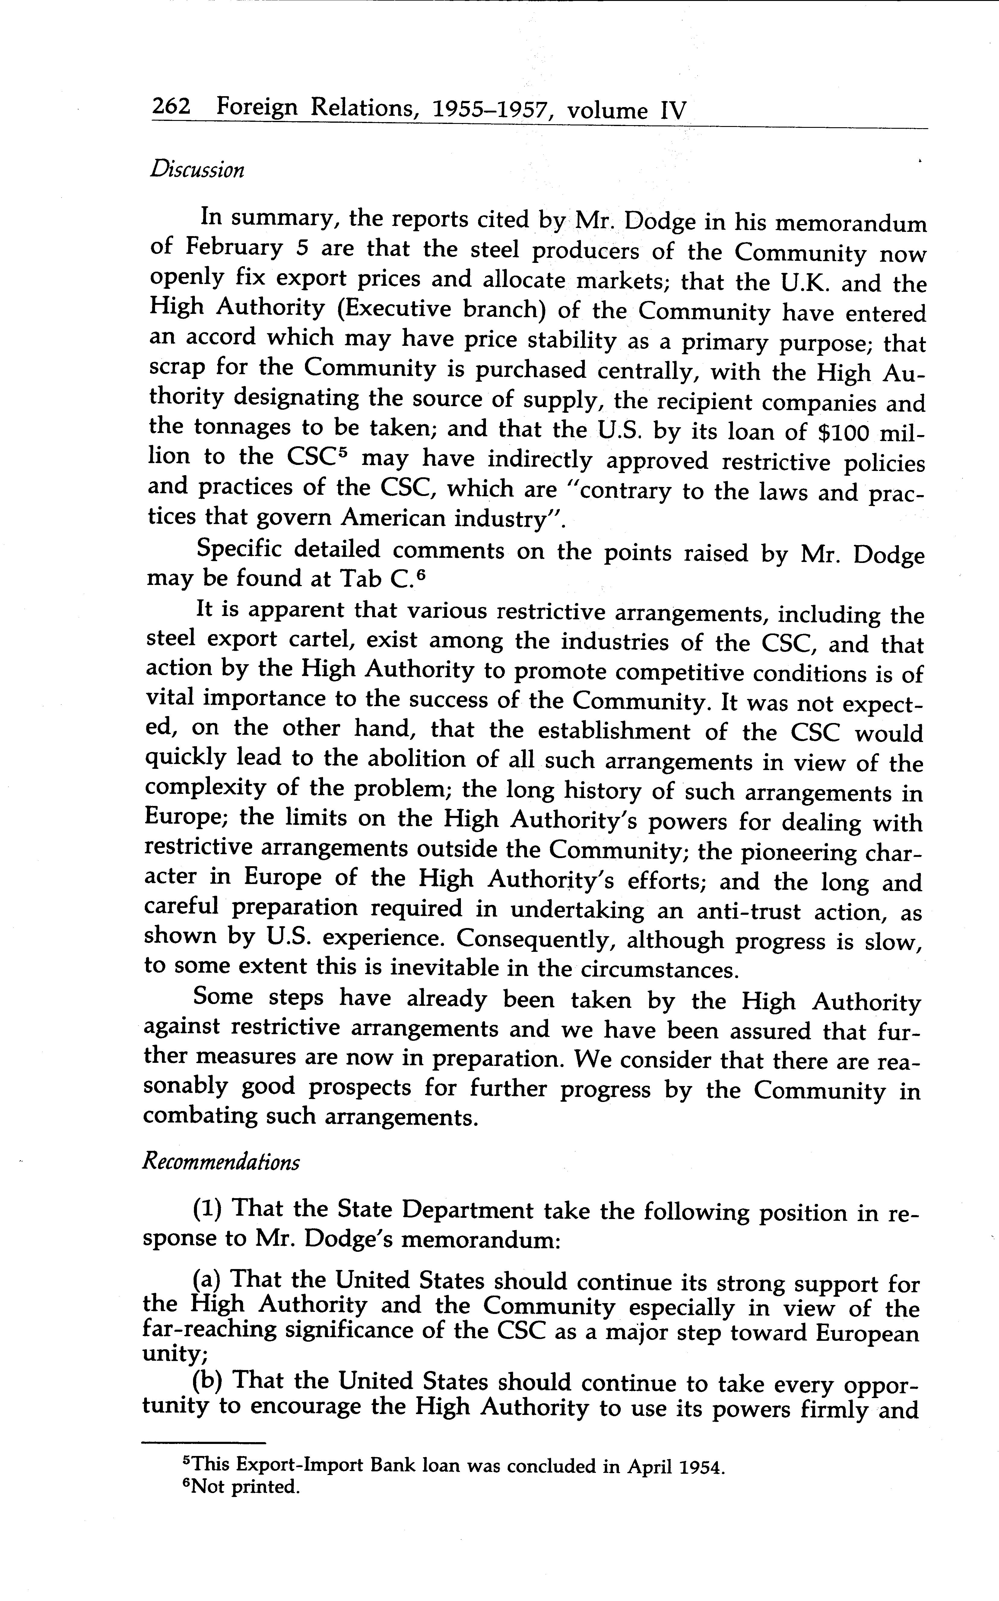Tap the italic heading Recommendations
click(221, 1162)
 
